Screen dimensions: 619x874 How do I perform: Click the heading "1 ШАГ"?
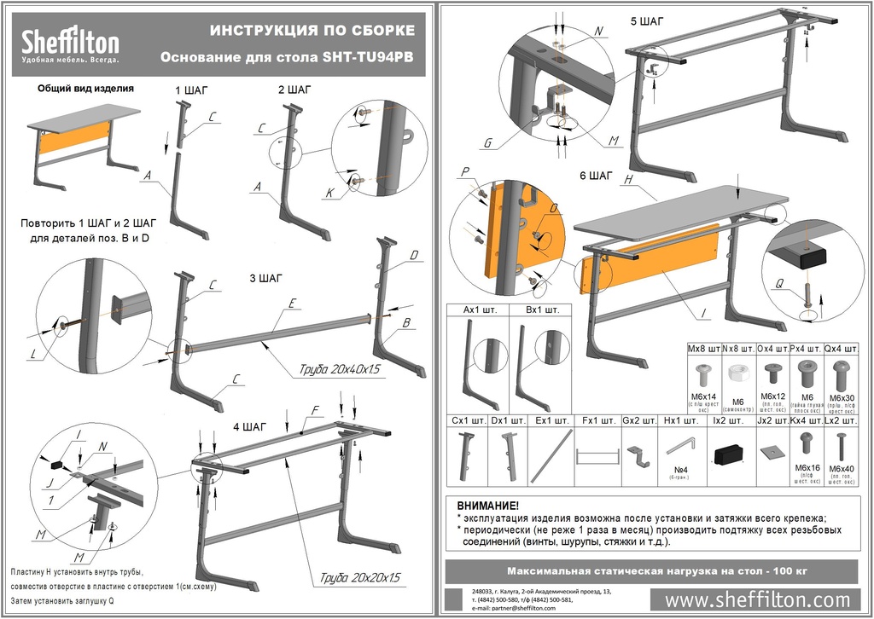[x=191, y=90]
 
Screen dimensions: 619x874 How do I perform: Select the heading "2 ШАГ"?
[x=294, y=90]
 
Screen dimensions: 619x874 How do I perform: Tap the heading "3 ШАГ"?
[x=265, y=278]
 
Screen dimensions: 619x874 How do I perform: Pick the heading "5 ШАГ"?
[x=647, y=20]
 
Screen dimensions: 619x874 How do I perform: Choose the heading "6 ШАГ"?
[x=596, y=176]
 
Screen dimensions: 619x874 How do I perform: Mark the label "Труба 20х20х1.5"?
[x=355, y=576]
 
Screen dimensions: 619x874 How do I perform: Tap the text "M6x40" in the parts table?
[x=842, y=469]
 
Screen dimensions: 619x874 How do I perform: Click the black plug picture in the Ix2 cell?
[x=728, y=452]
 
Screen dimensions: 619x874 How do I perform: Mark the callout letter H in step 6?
[x=627, y=181]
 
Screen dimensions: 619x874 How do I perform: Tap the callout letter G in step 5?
[x=487, y=143]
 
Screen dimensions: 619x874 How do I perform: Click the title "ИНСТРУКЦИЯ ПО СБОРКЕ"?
[x=312, y=31]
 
